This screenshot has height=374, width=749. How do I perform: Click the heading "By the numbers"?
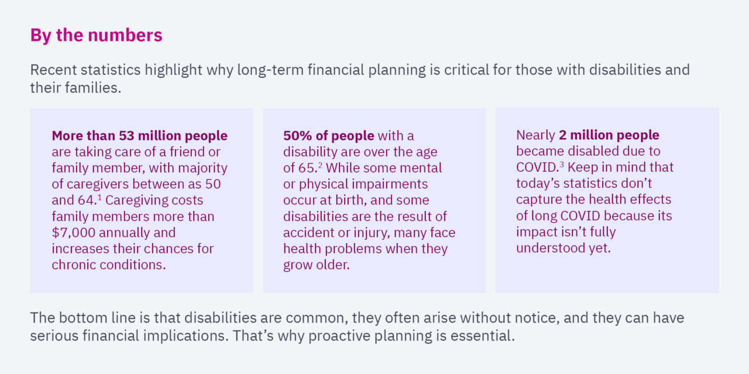pos(96,36)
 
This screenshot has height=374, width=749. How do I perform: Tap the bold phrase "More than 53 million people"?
pos(139,136)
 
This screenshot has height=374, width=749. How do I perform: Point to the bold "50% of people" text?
pos(328,136)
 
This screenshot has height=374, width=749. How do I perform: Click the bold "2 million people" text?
pos(609,136)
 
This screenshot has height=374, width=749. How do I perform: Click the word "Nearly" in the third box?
pos(535,136)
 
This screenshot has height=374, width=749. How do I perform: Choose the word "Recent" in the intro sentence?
pos(53,70)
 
